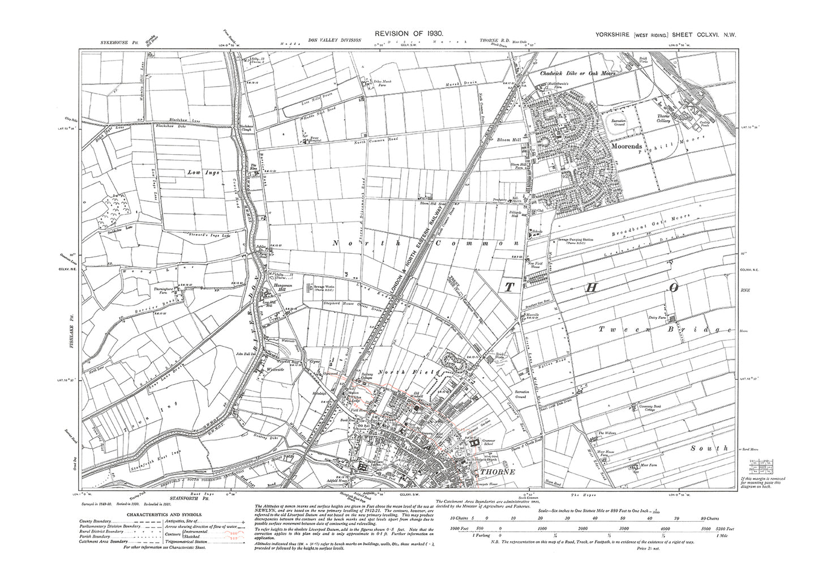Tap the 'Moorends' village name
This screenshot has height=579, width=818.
tap(629, 145)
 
